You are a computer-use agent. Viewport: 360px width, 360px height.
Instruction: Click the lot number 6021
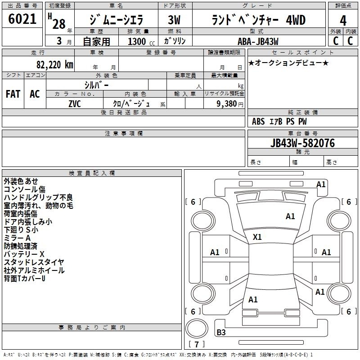[22, 19]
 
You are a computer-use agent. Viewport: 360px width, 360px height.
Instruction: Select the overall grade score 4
[343, 21]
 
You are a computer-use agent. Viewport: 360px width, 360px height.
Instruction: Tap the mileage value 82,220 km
[54, 65]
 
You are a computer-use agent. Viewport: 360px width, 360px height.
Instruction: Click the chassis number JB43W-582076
[302, 143]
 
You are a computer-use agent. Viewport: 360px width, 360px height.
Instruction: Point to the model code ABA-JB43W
[258, 41]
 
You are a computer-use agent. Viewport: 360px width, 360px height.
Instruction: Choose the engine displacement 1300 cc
[141, 42]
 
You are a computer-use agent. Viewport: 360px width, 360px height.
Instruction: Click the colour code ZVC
[75, 104]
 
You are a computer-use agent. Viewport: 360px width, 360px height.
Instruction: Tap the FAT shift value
[13, 94]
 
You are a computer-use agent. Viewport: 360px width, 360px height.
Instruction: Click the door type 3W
[174, 20]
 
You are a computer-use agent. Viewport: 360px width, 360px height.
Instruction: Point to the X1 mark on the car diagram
[257, 237]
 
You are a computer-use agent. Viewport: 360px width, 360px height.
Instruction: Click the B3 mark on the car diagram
[221, 332]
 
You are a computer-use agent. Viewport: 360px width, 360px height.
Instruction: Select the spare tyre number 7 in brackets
[197, 344]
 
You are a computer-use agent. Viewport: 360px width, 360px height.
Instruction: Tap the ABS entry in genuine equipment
[258, 121]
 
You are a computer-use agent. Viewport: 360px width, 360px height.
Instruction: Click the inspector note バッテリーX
[24, 254]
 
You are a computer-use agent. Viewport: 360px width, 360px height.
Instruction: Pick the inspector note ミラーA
[17, 238]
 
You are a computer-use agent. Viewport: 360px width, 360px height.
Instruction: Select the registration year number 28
[59, 24]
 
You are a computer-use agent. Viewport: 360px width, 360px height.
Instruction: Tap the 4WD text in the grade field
[296, 20]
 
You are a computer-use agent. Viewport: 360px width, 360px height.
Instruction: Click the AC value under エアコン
[35, 94]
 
